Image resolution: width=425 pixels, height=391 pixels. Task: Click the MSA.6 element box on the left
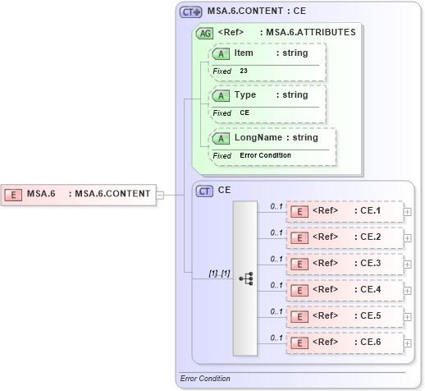(79, 194)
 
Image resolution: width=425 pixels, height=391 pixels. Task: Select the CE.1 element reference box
(344, 211)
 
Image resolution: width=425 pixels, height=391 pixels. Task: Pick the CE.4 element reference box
(344, 290)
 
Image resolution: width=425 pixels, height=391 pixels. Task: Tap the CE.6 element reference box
(344, 343)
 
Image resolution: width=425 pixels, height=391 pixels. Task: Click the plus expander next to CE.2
(408, 237)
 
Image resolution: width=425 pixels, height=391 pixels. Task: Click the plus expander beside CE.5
(408, 316)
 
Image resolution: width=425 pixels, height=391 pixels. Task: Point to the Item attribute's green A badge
(221, 53)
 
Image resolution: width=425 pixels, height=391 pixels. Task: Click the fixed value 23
(244, 71)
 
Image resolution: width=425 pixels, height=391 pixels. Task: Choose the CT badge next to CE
(205, 190)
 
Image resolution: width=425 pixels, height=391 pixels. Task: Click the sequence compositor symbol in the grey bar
(245, 278)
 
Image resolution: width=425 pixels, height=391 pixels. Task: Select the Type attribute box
(267, 103)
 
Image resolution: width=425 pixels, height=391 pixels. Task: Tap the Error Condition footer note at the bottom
(205, 379)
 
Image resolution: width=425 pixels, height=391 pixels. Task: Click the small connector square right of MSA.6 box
(160, 195)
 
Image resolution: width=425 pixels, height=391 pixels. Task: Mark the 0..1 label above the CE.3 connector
(276, 259)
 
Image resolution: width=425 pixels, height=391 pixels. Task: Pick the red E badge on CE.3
(301, 264)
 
